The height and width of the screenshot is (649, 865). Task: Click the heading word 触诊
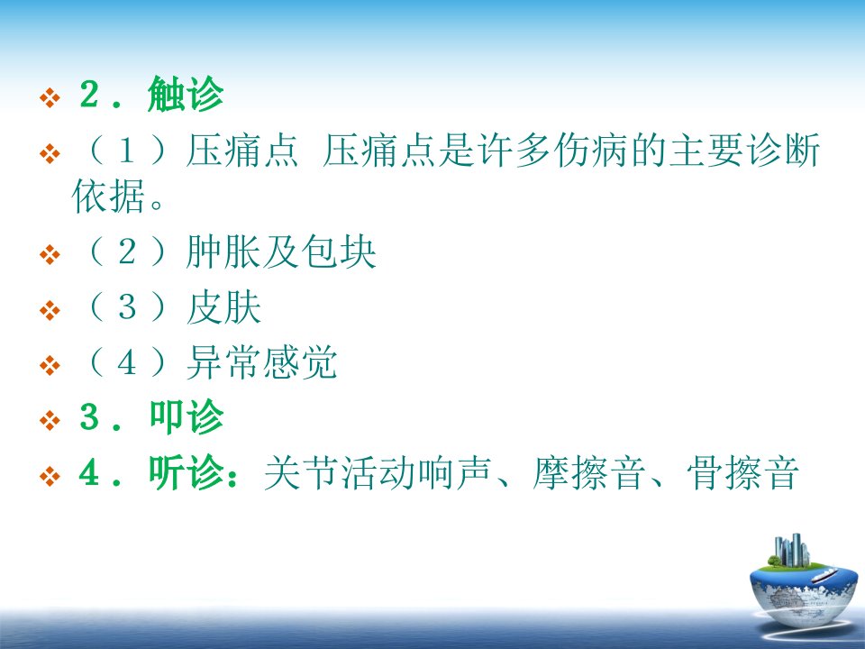tap(186, 94)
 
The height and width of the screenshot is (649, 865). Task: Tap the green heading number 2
tap(89, 95)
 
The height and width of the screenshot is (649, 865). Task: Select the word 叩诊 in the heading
tap(186, 416)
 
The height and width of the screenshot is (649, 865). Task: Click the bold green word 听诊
tap(186, 472)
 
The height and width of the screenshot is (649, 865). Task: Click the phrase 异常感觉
tap(261, 362)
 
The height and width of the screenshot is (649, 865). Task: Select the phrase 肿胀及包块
tap(281, 252)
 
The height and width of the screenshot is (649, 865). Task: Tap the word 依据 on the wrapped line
tap(109, 196)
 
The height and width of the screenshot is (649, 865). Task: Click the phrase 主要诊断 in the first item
tap(744, 150)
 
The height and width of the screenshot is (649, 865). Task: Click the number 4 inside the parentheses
tap(127, 362)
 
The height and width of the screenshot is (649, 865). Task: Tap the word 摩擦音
tap(588, 472)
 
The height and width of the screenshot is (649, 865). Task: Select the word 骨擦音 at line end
tap(743, 472)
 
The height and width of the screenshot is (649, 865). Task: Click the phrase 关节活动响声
tap(378, 472)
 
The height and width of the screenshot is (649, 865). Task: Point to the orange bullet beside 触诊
tap(50, 98)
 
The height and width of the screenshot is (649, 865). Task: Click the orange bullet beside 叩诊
tap(50, 421)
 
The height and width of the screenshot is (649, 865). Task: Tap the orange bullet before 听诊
tap(50, 476)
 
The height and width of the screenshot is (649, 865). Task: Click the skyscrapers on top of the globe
tap(792, 550)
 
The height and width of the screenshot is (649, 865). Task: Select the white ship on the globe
tap(824, 575)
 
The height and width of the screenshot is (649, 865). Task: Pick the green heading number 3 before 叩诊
tap(89, 416)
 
